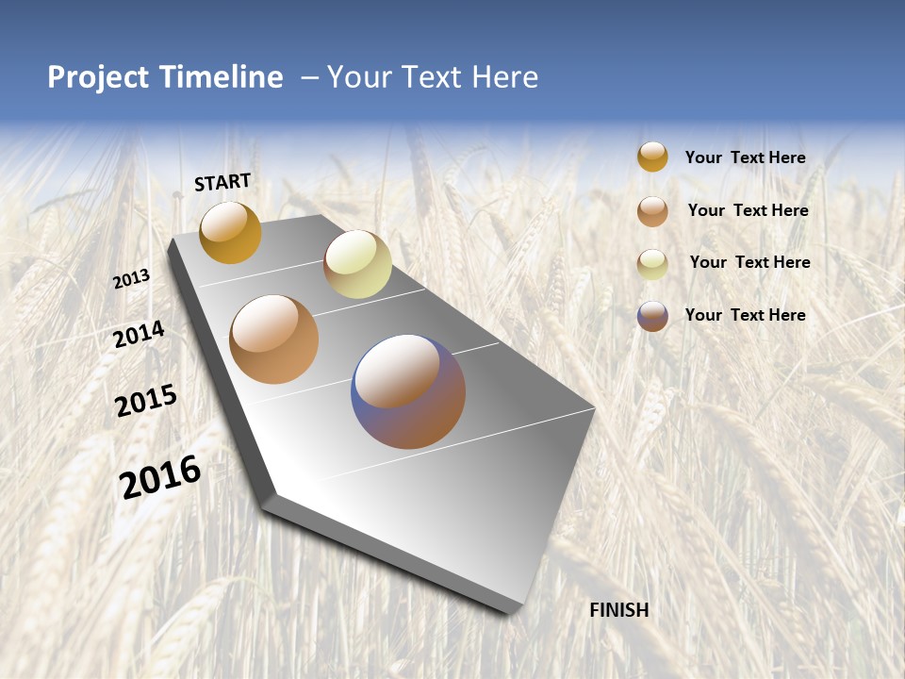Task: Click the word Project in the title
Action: pos(96,77)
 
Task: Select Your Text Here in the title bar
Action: pos(433,77)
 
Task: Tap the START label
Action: pos(222,182)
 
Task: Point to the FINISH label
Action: pos(618,610)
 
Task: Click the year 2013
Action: pos(132,279)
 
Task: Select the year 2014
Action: pos(140,334)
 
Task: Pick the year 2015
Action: pos(146,401)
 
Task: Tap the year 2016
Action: pos(160,477)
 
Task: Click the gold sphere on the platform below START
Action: pos(230,233)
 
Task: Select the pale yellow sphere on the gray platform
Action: pos(357,264)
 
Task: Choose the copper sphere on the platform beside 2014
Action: pos(274,339)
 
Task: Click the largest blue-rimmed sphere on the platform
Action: pos(408,391)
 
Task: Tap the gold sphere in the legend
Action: pos(652,157)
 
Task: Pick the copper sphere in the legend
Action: pos(652,211)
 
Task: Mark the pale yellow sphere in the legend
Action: pos(652,264)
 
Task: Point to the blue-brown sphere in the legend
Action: pos(652,316)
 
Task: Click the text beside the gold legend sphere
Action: pos(745,157)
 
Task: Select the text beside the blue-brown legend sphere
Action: pos(745,315)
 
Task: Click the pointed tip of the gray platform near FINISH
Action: pos(514,608)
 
